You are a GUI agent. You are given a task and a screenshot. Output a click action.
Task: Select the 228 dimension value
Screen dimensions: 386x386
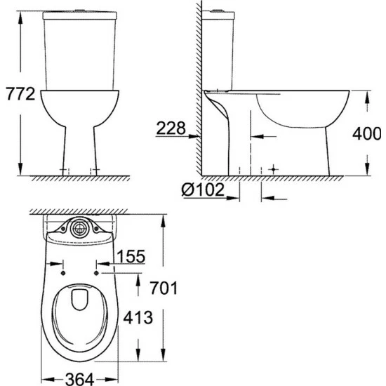click(x=171, y=128)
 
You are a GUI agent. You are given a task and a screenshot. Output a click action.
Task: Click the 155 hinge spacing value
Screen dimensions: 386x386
click(x=132, y=256)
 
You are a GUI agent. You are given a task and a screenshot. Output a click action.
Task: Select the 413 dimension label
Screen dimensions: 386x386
click(x=138, y=318)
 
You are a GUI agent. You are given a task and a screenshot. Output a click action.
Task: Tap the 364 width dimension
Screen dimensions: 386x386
click(x=79, y=379)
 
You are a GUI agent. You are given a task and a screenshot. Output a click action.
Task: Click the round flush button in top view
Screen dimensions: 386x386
click(x=79, y=227)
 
